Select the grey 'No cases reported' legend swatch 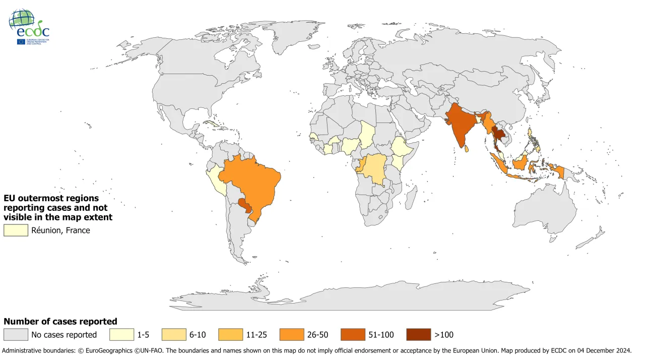click(x=16, y=335)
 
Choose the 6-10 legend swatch click(x=174, y=335)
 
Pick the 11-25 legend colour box click(x=231, y=335)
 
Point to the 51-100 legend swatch click(x=353, y=335)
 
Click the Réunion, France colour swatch click(x=16, y=230)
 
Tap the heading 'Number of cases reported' click(x=60, y=321)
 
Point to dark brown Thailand click(x=498, y=134)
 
